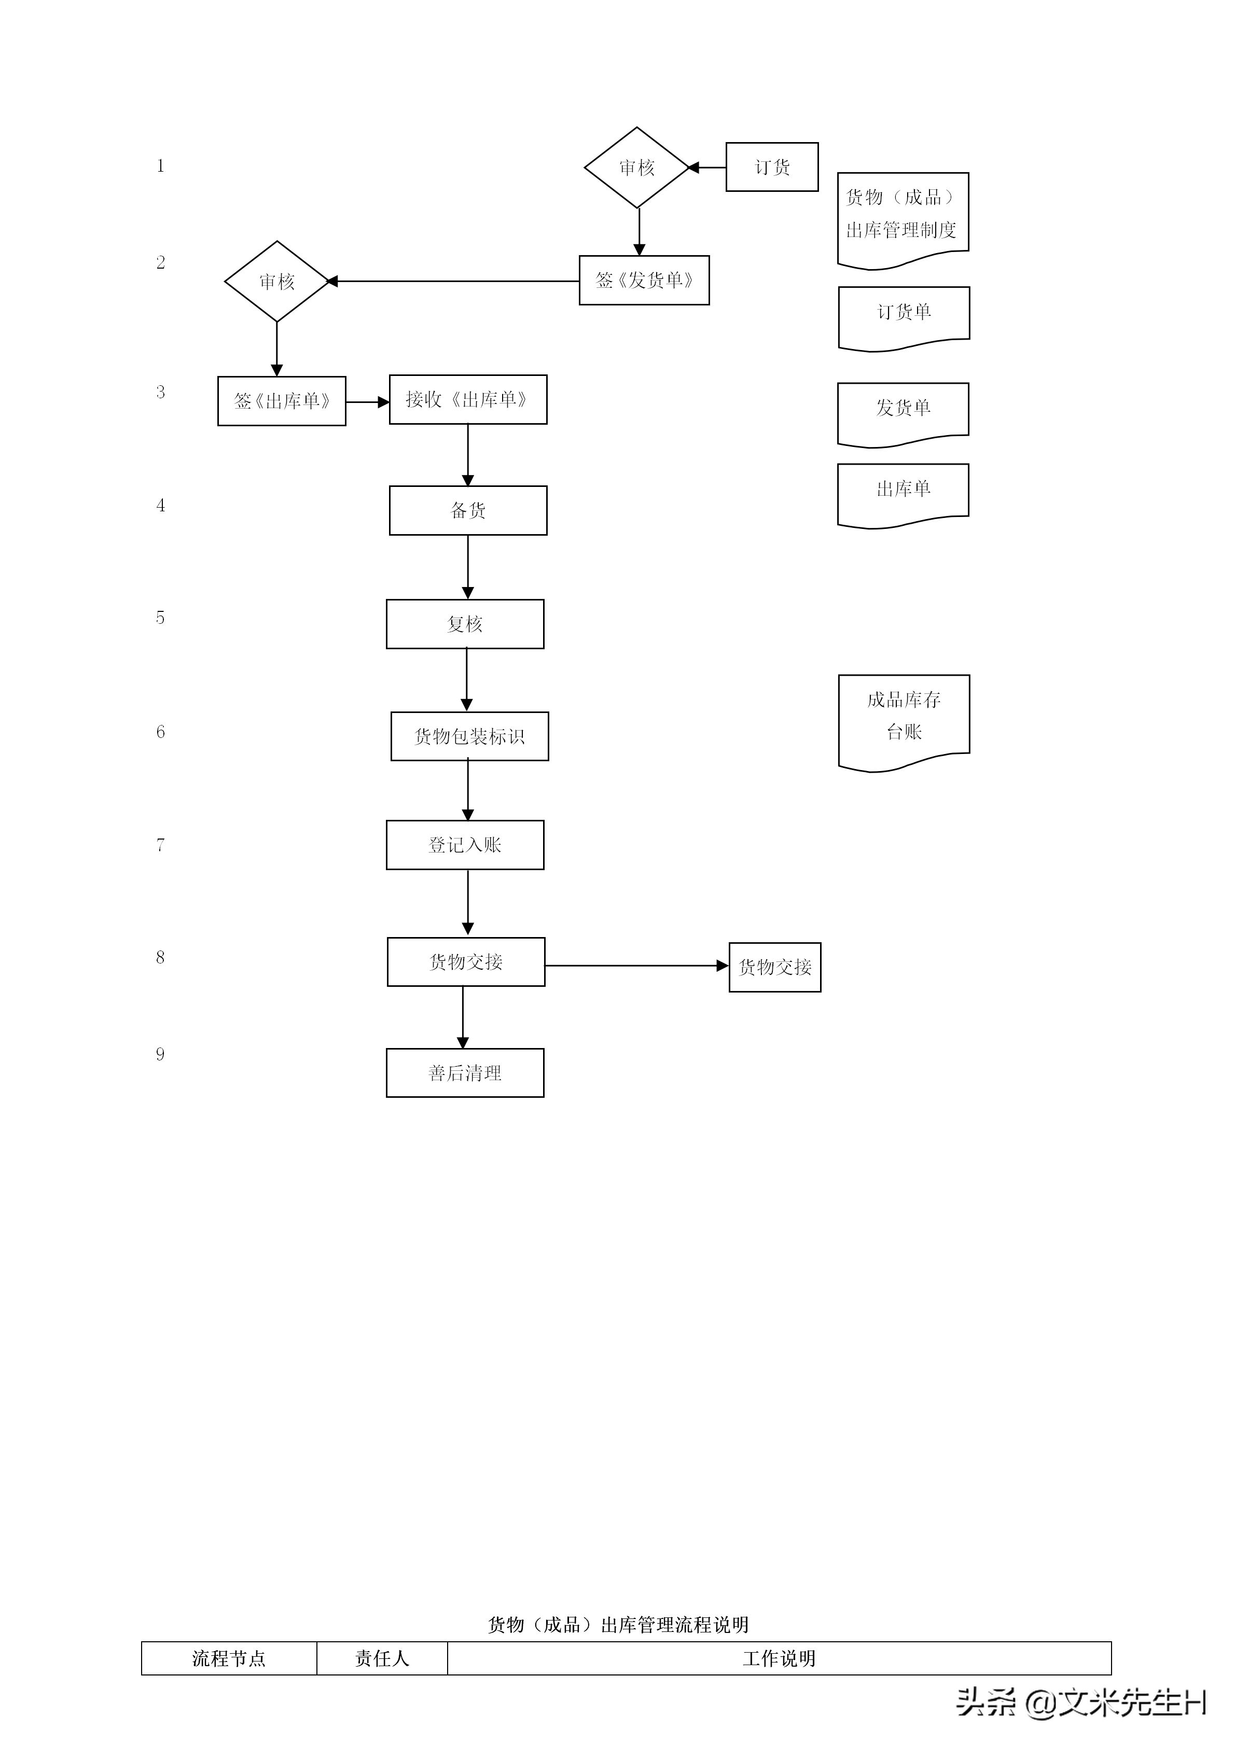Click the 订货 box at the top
[x=772, y=166]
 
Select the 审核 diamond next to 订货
[x=636, y=167]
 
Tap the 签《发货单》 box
[x=644, y=281]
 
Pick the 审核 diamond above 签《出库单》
[x=277, y=282]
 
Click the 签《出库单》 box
[x=281, y=401]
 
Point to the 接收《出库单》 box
[x=468, y=399]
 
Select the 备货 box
[x=468, y=510]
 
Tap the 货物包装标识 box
[x=469, y=736]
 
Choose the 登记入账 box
[x=465, y=845]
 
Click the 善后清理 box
[x=465, y=1073]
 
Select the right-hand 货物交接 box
[x=775, y=967]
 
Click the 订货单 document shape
[x=904, y=316]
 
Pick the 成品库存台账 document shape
[x=904, y=719]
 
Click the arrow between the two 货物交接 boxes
[x=636, y=966]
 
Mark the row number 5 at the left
[x=160, y=618]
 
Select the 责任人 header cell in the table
[x=382, y=1658]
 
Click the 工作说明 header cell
[x=779, y=1658]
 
